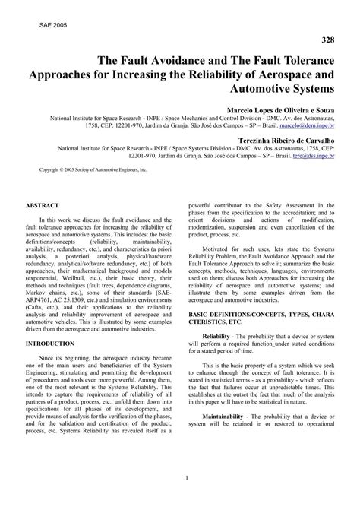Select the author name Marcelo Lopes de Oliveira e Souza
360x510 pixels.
[276, 109]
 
